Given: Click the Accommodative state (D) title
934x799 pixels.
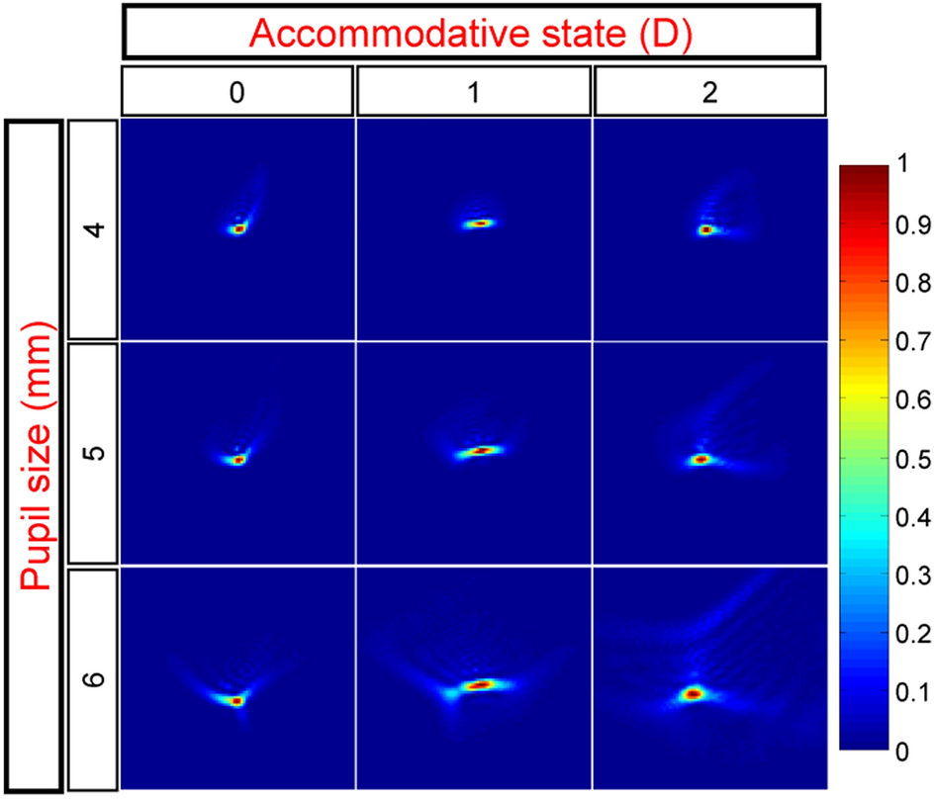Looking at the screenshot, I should click(470, 33).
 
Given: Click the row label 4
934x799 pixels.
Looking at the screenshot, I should click(93, 230).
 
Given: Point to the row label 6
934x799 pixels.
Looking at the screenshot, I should click(93, 679).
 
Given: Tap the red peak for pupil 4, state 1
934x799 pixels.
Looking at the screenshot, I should click(479, 223).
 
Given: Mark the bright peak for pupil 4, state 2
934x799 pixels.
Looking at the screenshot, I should click(706, 229).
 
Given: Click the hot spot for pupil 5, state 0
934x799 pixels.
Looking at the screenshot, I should click(237, 460).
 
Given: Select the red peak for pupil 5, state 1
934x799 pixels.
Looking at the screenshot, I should click(481, 451).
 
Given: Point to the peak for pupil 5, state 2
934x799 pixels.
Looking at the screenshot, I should click(701, 460).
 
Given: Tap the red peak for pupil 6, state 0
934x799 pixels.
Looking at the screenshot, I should click(236, 700).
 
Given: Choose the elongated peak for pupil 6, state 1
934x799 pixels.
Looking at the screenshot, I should click(480, 684).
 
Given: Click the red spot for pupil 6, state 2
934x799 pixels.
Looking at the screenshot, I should click(694, 694).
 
